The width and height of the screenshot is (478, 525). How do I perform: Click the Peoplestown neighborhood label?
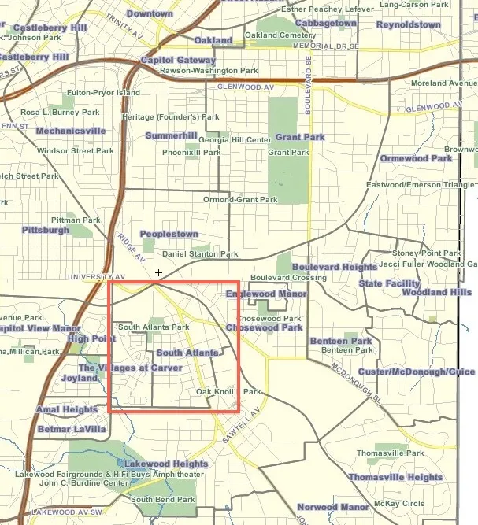coord(169,235)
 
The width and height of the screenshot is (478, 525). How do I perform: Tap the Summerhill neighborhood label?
coord(171,136)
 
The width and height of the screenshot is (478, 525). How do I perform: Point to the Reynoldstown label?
coord(408,24)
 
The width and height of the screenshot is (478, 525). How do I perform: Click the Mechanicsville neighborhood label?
coord(71,131)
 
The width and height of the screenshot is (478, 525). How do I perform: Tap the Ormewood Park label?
coord(416,158)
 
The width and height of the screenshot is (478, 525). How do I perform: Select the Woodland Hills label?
coord(436,292)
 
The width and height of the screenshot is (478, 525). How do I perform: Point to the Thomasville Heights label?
coord(395,478)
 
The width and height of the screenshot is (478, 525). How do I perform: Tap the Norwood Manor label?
coord(333,508)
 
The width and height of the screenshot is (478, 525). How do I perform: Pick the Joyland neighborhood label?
coord(80,378)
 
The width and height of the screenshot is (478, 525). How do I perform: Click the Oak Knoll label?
coord(215,391)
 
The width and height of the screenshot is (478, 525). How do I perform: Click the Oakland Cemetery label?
coord(280,35)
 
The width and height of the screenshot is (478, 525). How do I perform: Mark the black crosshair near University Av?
coord(159,273)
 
